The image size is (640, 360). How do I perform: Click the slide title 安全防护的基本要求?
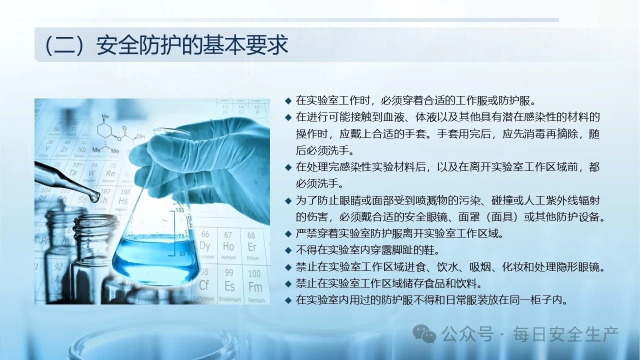(192, 45)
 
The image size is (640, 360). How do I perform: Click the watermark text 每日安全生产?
(565, 334)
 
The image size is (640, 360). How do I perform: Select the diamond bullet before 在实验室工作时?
(288, 101)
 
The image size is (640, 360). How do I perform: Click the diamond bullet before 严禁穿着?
(288, 234)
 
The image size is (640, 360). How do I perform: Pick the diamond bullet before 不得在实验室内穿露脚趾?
(288, 251)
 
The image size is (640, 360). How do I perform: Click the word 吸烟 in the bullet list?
(480, 267)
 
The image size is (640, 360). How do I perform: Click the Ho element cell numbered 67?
(228, 245)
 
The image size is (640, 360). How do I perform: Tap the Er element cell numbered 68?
(252, 245)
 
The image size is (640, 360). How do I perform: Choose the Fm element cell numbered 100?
(255, 284)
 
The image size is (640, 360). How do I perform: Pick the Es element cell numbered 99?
(230, 284)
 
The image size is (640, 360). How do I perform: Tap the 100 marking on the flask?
(179, 210)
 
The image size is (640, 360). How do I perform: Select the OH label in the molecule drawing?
(140, 137)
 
